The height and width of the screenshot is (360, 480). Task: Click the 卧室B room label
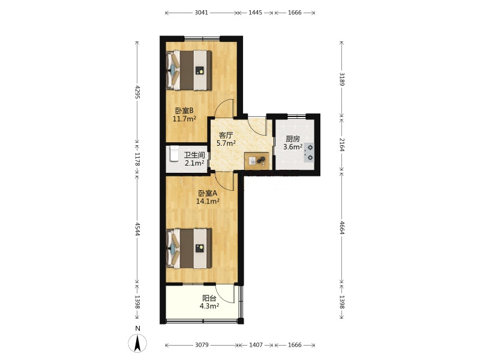tap(184, 110)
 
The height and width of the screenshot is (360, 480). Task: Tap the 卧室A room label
tap(208, 193)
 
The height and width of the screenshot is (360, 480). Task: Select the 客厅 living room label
tap(226, 136)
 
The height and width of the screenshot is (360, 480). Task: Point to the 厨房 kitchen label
tap(293, 139)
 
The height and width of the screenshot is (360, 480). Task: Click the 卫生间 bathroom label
tap(194, 155)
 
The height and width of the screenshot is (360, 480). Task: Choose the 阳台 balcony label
tap(209, 298)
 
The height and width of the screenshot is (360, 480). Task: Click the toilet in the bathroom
tap(174, 154)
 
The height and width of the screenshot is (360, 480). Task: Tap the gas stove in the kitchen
tap(309, 152)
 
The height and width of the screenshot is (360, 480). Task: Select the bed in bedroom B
tap(189, 70)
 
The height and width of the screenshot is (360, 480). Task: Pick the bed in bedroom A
tap(189, 248)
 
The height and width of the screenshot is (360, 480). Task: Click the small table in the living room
tap(257, 160)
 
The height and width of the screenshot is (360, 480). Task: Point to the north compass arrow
tap(138, 343)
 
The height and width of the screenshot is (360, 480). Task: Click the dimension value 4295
tap(137, 92)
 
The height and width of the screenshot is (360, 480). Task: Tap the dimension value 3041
tap(202, 13)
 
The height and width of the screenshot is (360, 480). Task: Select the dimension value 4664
tap(342, 227)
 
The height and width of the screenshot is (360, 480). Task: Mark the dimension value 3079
tap(202, 345)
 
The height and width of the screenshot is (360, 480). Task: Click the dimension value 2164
tap(342, 145)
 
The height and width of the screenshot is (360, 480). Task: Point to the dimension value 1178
tap(137, 159)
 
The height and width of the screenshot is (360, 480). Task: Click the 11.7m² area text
tap(184, 119)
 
